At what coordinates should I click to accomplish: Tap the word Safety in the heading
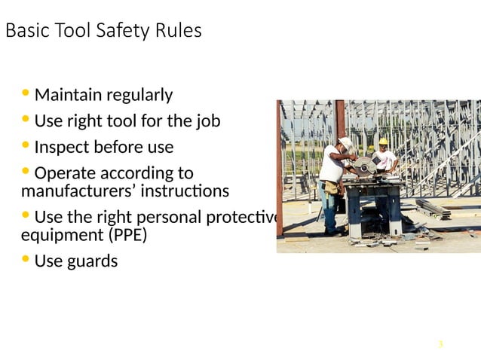(124, 32)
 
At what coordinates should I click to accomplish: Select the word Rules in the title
(179, 32)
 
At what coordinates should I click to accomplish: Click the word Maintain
(69, 96)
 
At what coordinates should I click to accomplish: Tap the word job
(209, 121)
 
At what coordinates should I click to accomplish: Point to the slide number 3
(440, 345)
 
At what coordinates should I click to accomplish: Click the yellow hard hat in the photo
(383, 142)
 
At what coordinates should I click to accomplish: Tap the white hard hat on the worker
(346, 142)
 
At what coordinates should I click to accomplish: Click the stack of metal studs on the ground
(433, 208)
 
